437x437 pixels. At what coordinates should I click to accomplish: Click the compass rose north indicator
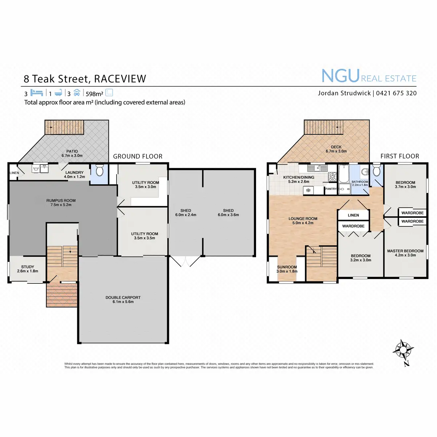403,351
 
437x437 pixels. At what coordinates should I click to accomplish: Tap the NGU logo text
340,76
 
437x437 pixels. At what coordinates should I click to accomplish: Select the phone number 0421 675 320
396,93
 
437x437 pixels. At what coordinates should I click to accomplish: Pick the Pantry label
331,189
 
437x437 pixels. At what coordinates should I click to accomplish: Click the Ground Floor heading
138,156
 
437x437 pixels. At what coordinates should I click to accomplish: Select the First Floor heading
399,156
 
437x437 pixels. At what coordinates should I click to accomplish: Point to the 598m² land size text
94,94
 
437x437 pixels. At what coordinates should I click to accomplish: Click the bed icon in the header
37,92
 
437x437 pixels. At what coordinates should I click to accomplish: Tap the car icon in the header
76,92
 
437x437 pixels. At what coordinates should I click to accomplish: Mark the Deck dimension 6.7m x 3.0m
336,151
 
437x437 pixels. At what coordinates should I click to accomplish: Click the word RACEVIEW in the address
120,79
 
